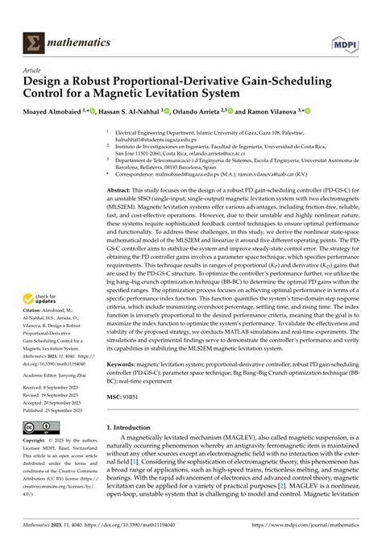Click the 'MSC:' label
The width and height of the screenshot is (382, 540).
[117, 396]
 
